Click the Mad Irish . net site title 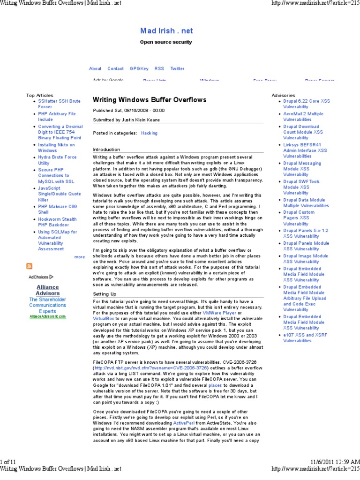(166, 31)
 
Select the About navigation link (95, 68)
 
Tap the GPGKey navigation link (139, 68)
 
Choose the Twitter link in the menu (177, 68)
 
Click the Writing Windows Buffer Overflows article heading (149, 100)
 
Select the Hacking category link (149, 133)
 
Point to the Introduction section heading (106, 149)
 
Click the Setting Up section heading (105, 294)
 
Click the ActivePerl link (183, 423)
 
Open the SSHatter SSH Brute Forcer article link (59, 104)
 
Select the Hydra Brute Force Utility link (57, 160)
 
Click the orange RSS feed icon (30, 267)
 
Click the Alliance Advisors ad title (48, 290)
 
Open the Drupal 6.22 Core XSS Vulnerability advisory (306, 104)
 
